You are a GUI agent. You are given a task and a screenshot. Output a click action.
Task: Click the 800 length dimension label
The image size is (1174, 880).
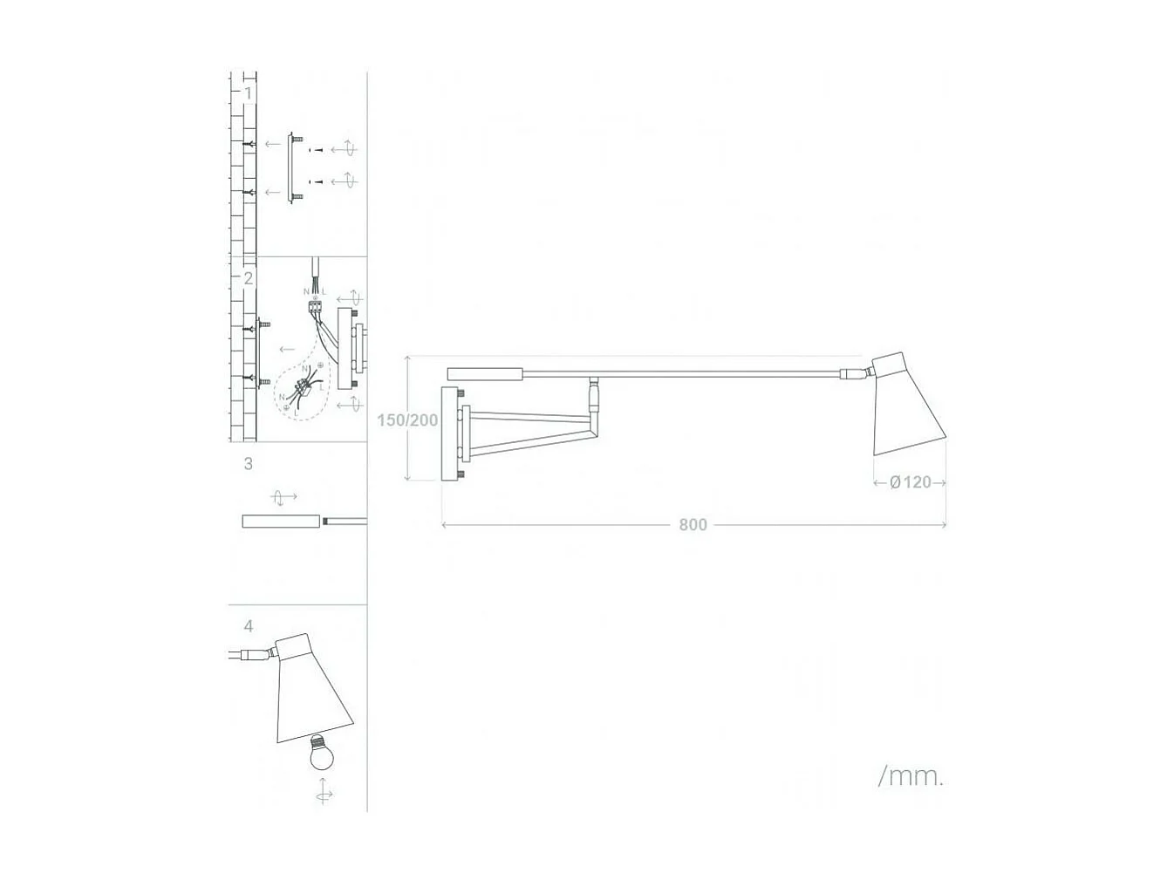click(693, 524)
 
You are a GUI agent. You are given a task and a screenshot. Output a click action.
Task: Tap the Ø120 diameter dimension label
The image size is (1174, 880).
click(911, 482)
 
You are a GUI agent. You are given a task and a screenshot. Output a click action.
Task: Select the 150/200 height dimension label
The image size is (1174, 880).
click(407, 420)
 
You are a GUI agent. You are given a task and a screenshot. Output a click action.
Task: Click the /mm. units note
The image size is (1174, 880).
click(911, 775)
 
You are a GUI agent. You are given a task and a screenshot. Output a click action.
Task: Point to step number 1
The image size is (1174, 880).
click(249, 92)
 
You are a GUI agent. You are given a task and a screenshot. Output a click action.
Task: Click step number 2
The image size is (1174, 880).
click(249, 278)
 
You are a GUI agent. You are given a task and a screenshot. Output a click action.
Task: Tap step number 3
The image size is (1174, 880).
click(249, 464)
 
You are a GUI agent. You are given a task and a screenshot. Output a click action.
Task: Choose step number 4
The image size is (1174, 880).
click(249, 626)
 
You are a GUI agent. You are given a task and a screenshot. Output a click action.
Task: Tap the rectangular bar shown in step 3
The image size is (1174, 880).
click(281, 522)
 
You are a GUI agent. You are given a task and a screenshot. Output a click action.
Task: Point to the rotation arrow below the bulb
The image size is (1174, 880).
click(324, 794)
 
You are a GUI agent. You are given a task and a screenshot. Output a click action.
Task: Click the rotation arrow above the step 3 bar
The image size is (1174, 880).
click(280, 498)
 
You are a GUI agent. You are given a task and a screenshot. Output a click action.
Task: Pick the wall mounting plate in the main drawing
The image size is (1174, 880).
click(451, 434)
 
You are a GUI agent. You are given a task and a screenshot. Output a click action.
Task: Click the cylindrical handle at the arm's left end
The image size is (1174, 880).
click(485, 374)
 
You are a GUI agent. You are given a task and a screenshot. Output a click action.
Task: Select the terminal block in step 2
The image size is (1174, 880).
click(315, 306)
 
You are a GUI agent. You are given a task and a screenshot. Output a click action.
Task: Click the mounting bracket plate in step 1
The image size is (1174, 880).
click(290, 167)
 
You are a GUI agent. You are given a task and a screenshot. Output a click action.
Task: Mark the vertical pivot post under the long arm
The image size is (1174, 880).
click(594, 397)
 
